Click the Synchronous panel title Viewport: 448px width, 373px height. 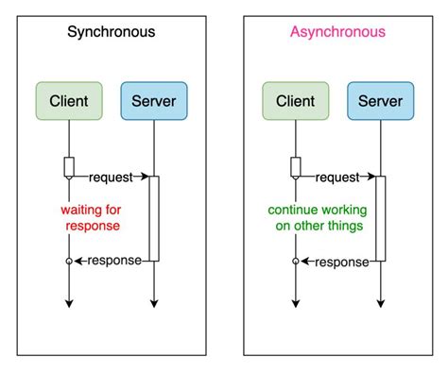tap(111, 32)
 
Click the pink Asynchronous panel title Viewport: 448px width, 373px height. tap(337, 32)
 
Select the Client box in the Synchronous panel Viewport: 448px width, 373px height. tap(69, 101)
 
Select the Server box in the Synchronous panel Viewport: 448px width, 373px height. tap(154, 101)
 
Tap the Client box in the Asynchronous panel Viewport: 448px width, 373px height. tap(295, 101)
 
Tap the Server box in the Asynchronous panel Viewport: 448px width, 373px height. tap(380, 101)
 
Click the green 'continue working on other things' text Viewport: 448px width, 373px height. tap(317, 218)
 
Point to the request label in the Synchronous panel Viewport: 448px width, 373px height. tap(112, 177)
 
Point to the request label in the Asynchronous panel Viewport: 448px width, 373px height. tap(338, 177)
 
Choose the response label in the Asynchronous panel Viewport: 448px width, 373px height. tap(339, 261)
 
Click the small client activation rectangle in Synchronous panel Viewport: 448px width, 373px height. tap(69, 167)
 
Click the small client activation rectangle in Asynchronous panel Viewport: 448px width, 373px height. tap(295, 167)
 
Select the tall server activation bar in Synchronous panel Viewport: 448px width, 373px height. tap(154, 218)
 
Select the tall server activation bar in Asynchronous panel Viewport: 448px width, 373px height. tap(380, 218)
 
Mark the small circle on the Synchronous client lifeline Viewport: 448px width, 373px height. tap(69, 261)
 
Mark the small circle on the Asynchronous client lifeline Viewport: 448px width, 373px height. tap(295, 261)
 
